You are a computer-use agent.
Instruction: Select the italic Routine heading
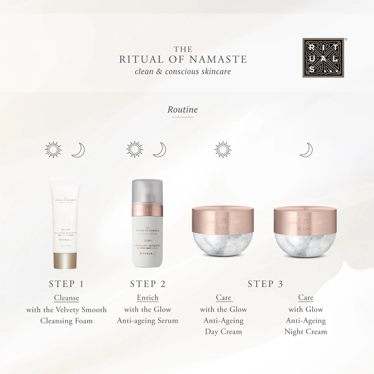tap(183, 110)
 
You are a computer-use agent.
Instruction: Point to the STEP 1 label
tap(66, 284)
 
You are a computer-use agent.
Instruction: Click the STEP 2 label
tap(148, 284)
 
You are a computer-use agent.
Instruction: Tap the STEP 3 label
tap(265, 284)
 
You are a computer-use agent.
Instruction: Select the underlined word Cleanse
tap(66, 298)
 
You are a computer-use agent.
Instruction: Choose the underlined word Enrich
tap(148, 298)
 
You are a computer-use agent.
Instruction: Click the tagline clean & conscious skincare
tap(183, 71)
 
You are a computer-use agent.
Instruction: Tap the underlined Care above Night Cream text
tap(306, 298)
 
